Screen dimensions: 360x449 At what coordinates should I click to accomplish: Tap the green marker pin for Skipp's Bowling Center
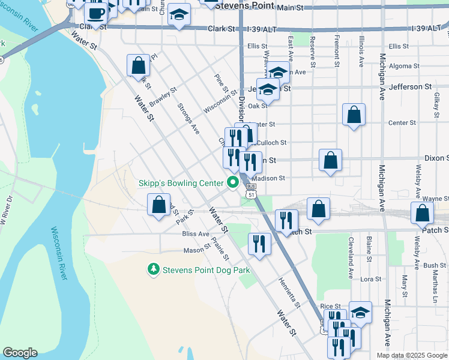[x=232, y=183]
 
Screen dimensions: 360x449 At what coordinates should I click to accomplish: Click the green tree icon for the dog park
[x=154, y=270]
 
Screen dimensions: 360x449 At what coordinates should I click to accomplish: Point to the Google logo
[x=20, y=353]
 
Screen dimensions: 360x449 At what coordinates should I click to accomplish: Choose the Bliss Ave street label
[x=196, y=234]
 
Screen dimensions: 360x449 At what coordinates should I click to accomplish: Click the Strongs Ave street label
[x=188, y=118]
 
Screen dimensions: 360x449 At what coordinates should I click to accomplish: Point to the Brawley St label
[x=163, y=98]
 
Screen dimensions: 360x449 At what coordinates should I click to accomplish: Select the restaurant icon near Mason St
[x=259, y=243]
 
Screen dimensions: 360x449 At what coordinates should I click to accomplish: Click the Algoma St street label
[x=402, y=67]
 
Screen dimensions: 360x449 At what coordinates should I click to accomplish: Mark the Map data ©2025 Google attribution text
[x=411, y=355]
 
